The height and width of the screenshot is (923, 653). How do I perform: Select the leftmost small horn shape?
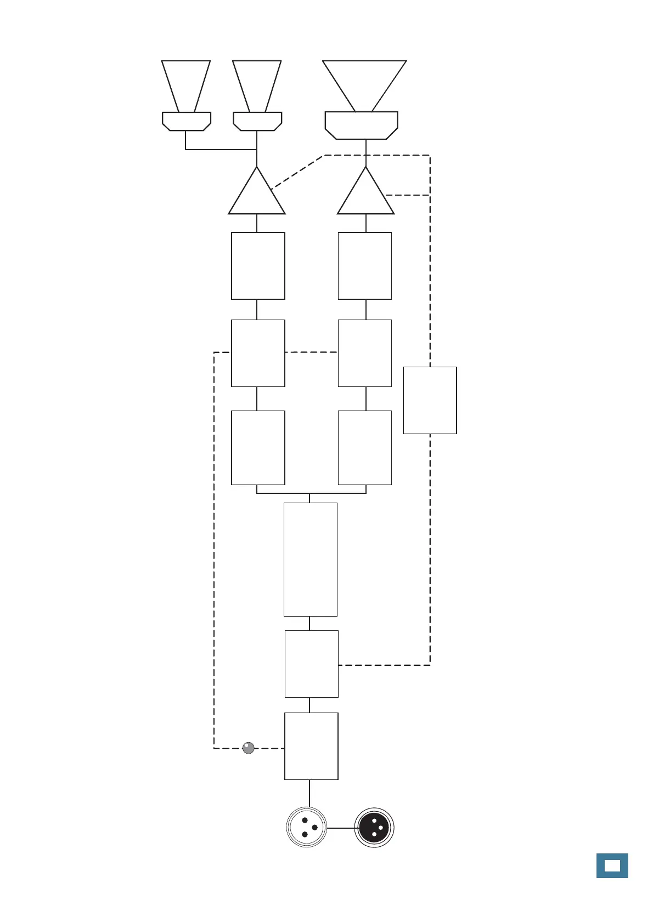coord(186,85)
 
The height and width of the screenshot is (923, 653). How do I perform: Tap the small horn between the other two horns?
coord(257,85)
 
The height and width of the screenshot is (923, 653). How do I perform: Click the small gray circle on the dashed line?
coord(249,748)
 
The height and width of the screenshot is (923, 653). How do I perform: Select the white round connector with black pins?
coord(307,828)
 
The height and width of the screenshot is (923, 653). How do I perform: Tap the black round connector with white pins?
coord(374,828)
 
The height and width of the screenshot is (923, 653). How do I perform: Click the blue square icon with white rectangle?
coord(612,866)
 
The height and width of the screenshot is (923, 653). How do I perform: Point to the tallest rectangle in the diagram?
coord(310,559)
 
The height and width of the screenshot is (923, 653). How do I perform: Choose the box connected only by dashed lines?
coord(430,400)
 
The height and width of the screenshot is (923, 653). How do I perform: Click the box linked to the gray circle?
coord(311,746)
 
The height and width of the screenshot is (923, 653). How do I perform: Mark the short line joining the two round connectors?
coord(341,828)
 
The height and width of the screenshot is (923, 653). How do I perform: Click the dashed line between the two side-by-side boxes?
coord(311,352)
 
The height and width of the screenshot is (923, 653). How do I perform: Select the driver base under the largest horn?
coord(361,125)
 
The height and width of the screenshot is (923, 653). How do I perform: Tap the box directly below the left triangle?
coord(258,266)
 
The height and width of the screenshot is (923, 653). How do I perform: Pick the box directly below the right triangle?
coord(365,266)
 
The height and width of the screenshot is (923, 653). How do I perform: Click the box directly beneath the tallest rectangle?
coord(311,664)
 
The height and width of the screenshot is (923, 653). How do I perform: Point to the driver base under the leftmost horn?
coord(187,121)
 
